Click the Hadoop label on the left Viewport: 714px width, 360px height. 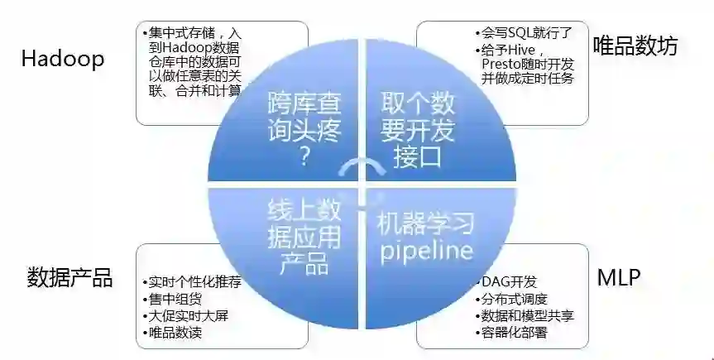(x=63, y=60)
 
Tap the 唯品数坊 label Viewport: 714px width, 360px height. (x=635, y=46)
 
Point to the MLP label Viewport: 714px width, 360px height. (x=619, y=277)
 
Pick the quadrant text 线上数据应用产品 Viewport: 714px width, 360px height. (x=304, y=237)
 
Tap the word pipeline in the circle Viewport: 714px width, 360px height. (x=426, y=249)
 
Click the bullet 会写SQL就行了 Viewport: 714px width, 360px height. (x=525, y=34)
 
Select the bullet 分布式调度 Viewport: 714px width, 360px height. (x=514, y=299)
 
